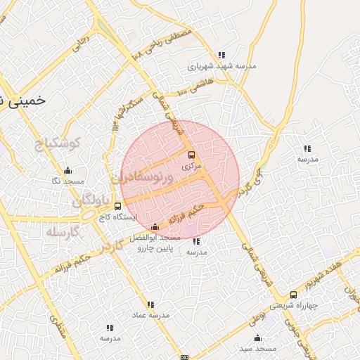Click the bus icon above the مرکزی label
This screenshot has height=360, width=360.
[191, 155]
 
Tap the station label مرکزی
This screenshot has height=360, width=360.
[191, 167]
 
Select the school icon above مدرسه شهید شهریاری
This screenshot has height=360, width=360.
[222, 55]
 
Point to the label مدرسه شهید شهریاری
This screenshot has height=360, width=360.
[222, 66]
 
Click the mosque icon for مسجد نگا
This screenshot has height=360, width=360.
[67, 170]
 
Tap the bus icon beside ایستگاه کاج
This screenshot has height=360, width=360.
[117, 206]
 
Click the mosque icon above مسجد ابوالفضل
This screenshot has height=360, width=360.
[155, 226]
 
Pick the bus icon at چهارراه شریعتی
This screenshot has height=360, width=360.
[293, 295]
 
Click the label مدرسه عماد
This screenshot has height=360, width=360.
[150, 316]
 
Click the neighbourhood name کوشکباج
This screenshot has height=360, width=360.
[58, 143]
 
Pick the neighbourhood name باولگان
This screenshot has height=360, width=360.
[91, 202]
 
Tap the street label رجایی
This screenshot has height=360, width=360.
[84, 42]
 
